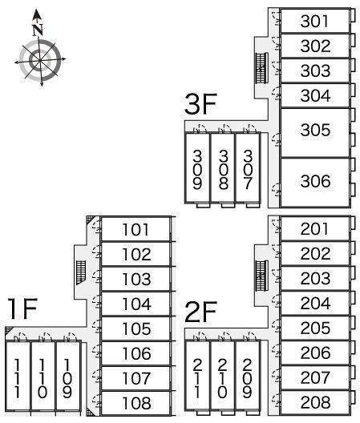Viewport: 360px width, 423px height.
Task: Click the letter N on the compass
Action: click(38, 30)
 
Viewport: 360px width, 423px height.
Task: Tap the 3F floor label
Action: click(200, 104)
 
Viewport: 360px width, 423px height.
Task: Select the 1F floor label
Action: click(22, 308)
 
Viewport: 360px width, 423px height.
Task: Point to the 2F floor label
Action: click(200, 312)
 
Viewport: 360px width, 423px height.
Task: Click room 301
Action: click(315, 21)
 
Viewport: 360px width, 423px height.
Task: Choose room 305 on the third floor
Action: click(315, 132)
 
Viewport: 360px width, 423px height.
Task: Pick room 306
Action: click(315, 183)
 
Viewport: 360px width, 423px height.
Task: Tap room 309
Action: click(197, 167)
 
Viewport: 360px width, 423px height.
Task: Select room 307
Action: click(248, 167)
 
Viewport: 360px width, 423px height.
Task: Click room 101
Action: click(136, 229)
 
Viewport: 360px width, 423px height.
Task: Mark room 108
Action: click(136, 403)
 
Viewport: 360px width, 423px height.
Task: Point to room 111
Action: click(18, 376)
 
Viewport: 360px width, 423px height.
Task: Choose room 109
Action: click(67, 376)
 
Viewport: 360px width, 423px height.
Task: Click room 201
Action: click(315, 229)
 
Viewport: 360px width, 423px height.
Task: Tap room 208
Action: click(315, 402)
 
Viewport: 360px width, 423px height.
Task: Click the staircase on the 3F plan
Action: click(261, 68)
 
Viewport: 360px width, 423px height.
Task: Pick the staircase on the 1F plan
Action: click(81, 272)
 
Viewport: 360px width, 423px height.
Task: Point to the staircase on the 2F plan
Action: click(261, 276)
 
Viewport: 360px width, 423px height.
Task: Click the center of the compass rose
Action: click(40, 60)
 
